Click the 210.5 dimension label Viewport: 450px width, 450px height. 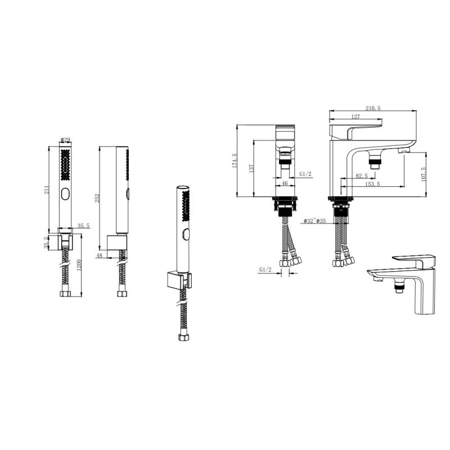click(x=373, y=108)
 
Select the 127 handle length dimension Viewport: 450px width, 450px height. click(x=355, y=116)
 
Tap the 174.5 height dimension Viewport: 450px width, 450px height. click(x=235, y=160)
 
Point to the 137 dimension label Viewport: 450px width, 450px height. click(x=251, y=168)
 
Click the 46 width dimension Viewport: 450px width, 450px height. click(x=285, y=184)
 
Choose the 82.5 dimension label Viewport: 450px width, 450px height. click(x=362, y=176)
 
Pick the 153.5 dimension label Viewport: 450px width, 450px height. click(x=372, y=184)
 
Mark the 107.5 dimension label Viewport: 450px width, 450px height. click(x=424, y=174)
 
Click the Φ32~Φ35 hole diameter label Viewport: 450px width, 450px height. click(x=314, y=220)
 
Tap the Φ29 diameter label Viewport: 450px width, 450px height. click(x=65, y=139)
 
